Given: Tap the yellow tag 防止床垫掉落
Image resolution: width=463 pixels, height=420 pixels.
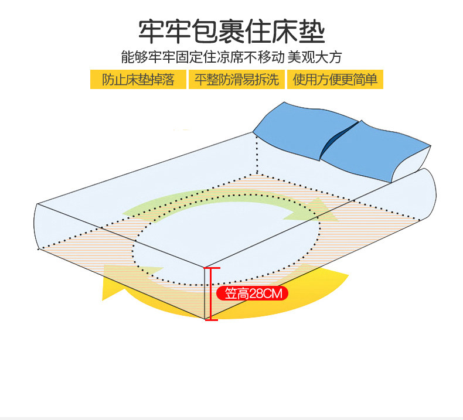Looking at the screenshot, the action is pyautogui.click(x=138, y=79).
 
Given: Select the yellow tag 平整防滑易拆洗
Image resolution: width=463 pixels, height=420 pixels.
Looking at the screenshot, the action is pyautogui.click(x=236, y=79).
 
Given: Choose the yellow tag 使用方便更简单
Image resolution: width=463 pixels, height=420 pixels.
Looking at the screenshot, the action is pyautogui.click(x=335, y=79).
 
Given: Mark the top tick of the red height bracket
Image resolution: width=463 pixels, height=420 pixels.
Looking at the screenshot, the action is pyautogui.click(x=211, y=268).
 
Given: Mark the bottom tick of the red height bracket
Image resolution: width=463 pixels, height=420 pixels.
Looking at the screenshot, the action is pyautogui.click(x=211, y=319).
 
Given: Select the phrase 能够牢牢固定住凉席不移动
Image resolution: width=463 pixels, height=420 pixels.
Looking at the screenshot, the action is pyautogui.click(x=203, y=57).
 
